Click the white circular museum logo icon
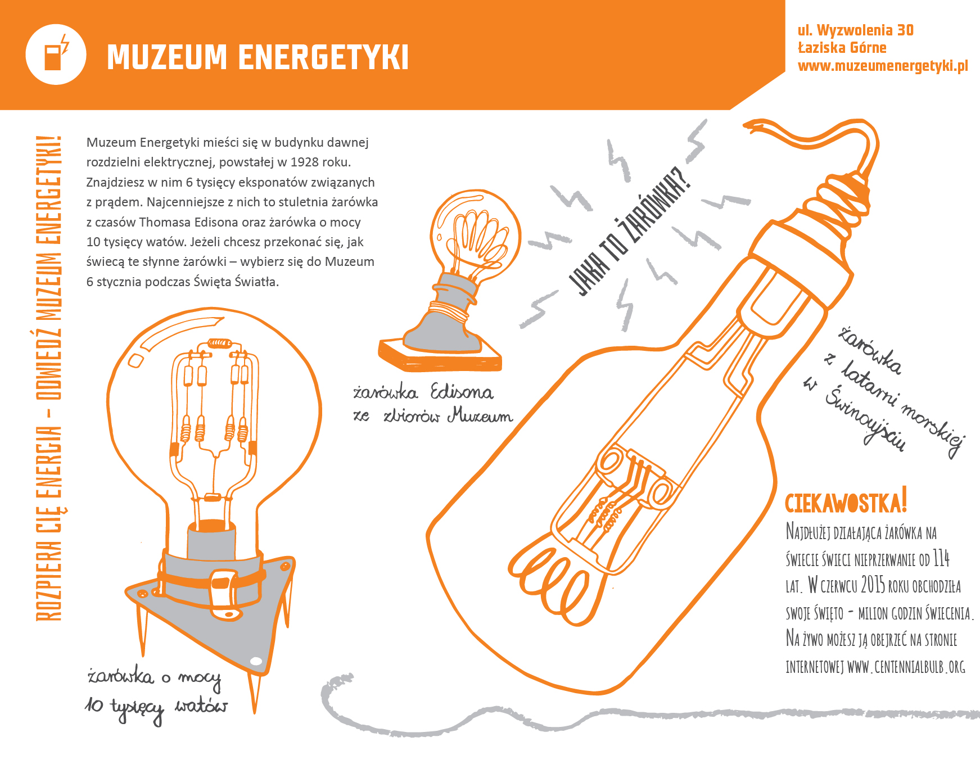tap(56, 55)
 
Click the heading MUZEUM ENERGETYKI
tap(258, 57)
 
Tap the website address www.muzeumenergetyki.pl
tap(883, 66)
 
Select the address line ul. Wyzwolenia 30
tap(855, 30)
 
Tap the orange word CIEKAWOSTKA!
tap(846, 502)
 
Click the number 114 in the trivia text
tap(941, 559)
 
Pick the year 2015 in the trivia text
tap(873, 585)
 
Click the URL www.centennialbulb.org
tap(906, 667)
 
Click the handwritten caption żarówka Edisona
tap(423, 392)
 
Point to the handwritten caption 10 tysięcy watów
tap(156, 707)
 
